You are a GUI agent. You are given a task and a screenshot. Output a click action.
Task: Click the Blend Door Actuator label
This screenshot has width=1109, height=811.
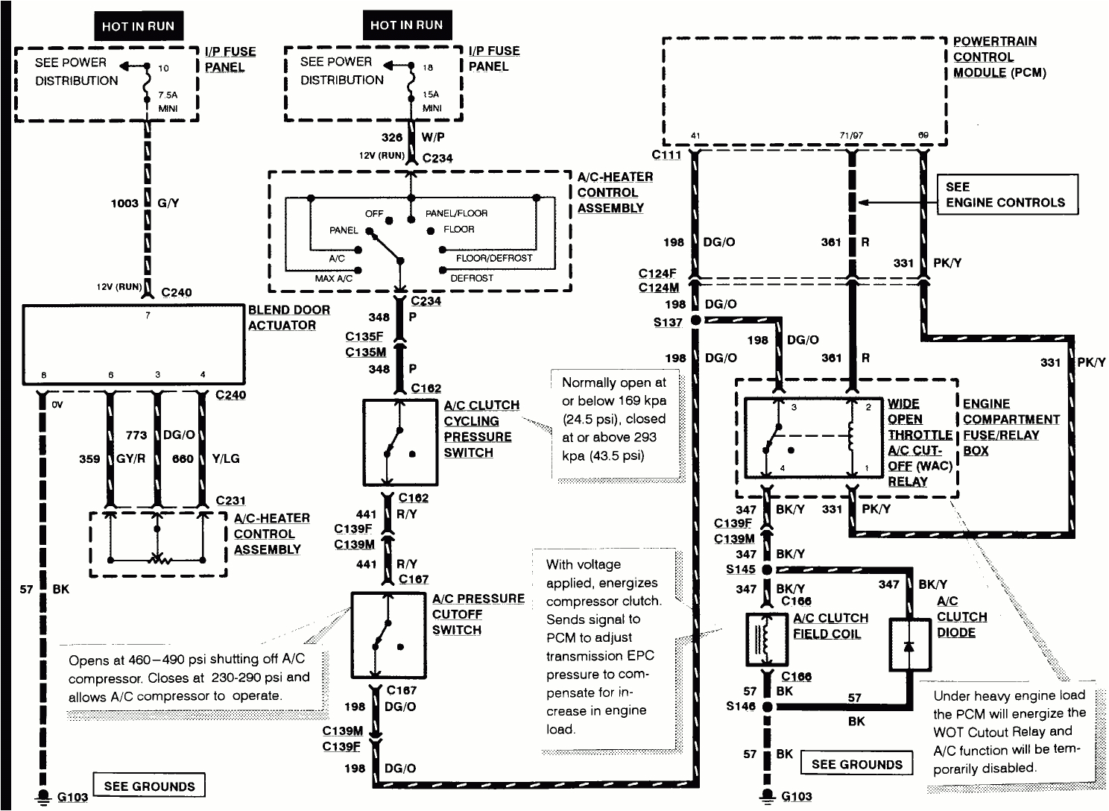coord(288,318)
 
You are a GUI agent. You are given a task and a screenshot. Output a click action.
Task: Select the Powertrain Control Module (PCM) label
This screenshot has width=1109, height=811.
coord(999,57)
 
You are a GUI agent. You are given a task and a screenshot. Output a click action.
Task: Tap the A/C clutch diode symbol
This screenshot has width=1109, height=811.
coord(909,645)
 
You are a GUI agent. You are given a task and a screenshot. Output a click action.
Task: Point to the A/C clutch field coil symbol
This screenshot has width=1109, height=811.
coord(767,640)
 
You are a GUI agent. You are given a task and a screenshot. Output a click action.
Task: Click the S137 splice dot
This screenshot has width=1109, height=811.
coord(695,321)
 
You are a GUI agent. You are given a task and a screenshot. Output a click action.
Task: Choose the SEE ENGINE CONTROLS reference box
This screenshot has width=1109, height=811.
coord(1007,195)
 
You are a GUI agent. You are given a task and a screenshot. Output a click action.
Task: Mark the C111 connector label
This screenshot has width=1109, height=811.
coord(666,154)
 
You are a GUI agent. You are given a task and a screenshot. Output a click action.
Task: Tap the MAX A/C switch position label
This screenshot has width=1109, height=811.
coord(332,278)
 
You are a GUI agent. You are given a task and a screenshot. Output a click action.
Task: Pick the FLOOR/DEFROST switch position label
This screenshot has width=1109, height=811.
coord(494,258)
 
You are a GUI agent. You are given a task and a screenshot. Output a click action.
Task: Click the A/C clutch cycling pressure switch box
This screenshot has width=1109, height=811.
coord(399,443)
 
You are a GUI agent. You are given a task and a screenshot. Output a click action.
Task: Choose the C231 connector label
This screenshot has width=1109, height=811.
coord(230,501)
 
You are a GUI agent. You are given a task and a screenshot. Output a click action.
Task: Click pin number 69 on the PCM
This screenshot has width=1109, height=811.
coord(923,136)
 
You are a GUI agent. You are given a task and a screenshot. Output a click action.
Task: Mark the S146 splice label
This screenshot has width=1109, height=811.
coord(740,706)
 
